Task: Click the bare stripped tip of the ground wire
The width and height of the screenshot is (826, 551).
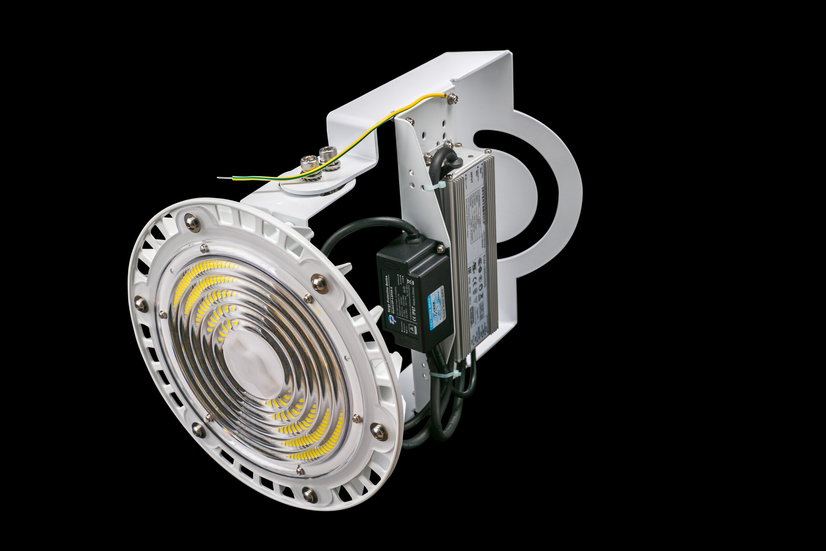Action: pos(222,178)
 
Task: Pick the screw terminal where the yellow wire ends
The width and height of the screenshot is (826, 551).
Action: pos(452,98)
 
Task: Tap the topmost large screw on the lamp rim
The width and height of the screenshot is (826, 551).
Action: pos(191,222)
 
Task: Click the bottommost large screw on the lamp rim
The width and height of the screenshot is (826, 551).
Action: pos(309,495)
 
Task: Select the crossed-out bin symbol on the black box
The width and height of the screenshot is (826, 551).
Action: pos(409,281)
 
